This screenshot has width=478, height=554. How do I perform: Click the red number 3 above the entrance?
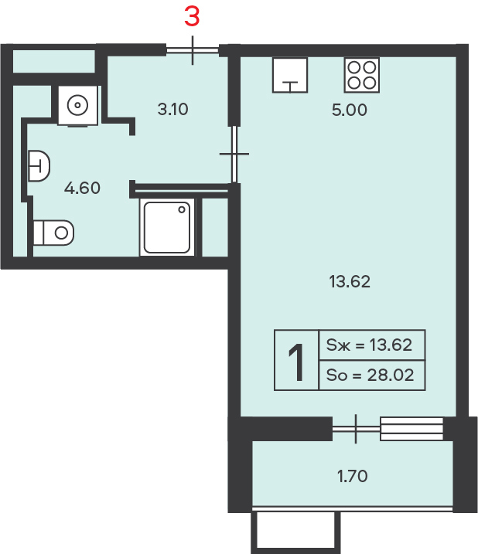192,16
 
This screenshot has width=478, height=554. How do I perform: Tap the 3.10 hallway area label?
172,109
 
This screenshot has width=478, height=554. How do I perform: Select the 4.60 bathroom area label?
82,188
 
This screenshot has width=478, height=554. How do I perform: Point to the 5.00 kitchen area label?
349,110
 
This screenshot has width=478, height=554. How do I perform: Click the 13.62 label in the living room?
350,281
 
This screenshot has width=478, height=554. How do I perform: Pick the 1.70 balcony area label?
353,476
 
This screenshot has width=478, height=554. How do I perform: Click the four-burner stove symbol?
362,75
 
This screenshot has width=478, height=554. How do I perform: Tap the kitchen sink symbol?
290,75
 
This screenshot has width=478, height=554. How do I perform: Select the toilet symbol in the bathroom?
54,233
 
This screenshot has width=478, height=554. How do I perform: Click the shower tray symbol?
167,227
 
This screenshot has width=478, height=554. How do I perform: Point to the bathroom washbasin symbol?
39,165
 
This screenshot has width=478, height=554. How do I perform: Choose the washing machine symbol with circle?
77,105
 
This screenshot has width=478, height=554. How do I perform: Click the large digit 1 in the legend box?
296,362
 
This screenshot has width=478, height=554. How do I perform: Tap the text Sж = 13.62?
369,345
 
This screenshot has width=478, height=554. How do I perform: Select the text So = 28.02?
370,375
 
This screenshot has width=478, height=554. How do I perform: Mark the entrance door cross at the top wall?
193,50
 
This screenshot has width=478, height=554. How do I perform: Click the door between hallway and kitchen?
234,154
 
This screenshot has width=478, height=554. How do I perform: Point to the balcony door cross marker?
356,429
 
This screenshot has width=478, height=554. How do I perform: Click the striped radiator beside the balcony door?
411,429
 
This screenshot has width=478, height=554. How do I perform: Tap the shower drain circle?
182,209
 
